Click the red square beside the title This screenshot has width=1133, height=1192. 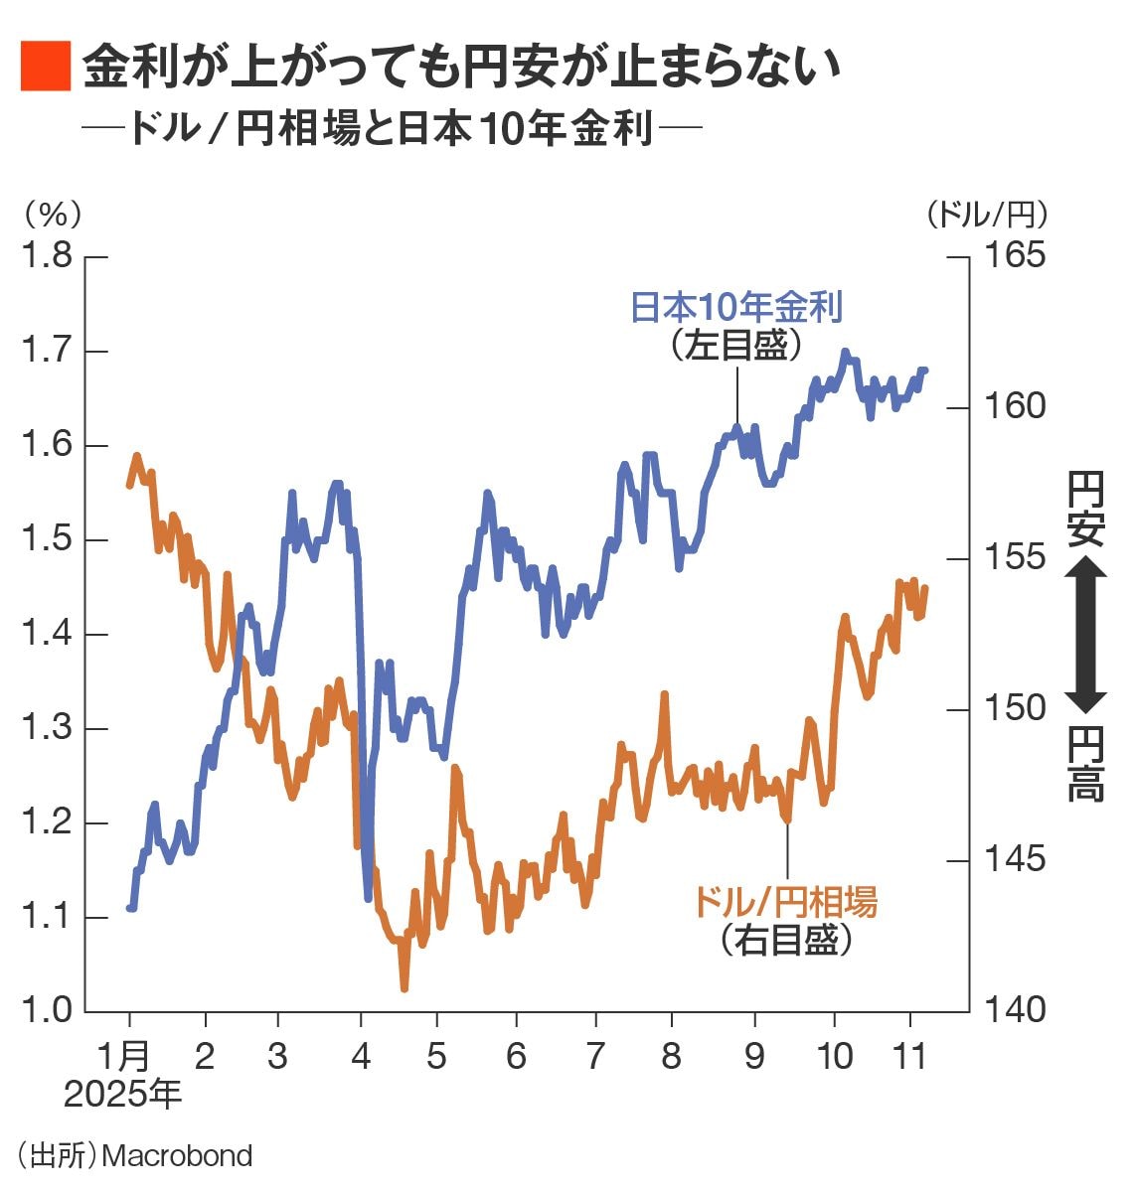[45, 67]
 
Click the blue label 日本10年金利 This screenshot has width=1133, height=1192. [736, 307]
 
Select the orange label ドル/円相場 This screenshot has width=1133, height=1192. [784, 902]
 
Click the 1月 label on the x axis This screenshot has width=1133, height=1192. [125, 1056]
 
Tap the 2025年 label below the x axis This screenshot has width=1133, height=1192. [123, 1095]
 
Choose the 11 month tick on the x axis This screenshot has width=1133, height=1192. [910, 1056]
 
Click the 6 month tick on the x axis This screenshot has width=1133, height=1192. [516, 1056]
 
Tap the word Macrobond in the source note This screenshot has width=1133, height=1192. [177, 1156]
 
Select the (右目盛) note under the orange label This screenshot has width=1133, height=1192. [785, 940]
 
